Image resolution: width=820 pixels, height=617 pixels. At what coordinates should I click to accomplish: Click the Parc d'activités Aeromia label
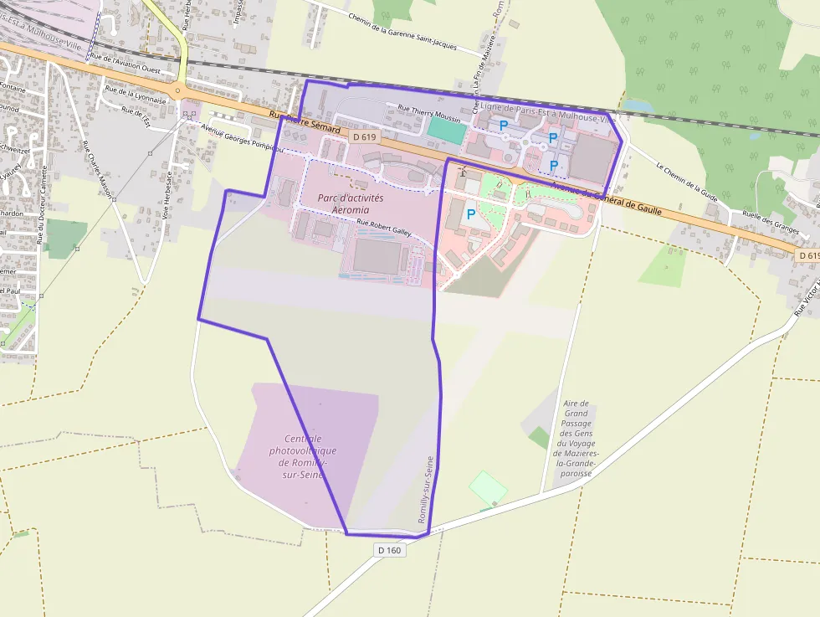350,203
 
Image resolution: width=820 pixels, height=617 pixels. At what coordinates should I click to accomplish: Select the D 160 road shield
389,550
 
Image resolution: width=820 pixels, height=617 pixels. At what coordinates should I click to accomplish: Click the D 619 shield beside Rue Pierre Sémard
364,136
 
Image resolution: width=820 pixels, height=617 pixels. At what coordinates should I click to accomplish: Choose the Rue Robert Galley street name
384,228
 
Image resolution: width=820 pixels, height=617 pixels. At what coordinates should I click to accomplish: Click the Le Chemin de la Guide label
687,182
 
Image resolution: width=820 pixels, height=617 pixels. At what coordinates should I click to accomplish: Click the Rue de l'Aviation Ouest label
126,63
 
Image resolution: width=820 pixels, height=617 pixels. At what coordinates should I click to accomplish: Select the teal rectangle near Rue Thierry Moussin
444,129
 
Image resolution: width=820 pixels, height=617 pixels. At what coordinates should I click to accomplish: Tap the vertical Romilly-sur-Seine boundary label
424,491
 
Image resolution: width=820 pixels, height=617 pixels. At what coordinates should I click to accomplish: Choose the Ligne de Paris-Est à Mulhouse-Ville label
544,112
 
